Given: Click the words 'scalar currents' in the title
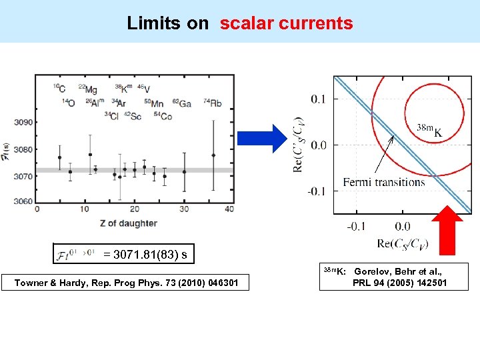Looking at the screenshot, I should pos(286,23).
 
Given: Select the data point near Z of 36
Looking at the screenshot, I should pos(213,155).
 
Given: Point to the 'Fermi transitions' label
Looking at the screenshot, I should pos(383,182).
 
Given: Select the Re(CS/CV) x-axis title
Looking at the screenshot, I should pos(403,243).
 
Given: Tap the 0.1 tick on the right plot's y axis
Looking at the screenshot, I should pos(319,99).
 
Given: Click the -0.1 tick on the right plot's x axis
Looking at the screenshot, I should pos(356,227).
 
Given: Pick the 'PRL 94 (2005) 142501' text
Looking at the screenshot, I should pos(400,283).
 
